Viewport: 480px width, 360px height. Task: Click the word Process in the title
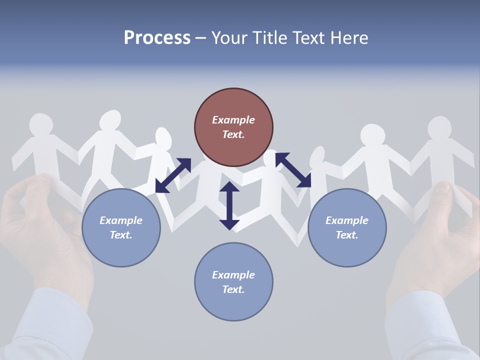click(x=157, y=38)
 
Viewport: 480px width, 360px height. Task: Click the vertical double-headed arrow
click(x=229, y=205)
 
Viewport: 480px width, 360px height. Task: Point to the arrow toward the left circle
click(x=173, y=175)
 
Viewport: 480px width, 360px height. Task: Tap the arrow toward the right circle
click(x=293, y=170)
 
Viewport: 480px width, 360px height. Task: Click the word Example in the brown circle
click(x=233, y=120)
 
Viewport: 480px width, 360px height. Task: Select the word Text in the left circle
click(x=120, y=235)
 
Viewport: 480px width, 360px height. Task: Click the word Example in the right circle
click(x=347, y=220)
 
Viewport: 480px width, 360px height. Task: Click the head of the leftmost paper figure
click(x=41, y=124)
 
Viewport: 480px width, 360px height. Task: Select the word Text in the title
click(x=305, y=38)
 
